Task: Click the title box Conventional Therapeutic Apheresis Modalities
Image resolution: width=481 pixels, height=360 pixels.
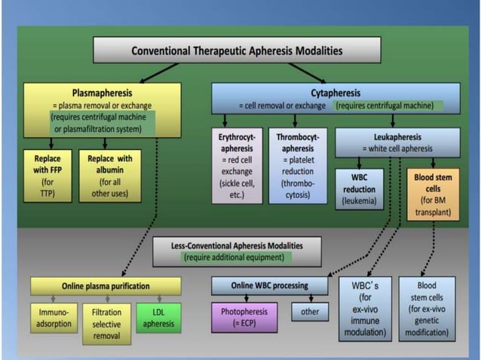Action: (x=236, y=51)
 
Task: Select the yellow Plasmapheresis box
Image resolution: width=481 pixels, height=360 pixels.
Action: (x=103, y=108)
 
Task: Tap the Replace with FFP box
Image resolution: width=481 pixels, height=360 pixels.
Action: (x=52, y=175)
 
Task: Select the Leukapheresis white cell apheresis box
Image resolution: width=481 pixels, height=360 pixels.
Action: (x=397, y=142)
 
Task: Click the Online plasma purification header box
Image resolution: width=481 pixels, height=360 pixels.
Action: (x=106, y=285)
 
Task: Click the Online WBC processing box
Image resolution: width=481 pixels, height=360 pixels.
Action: (x=269, y=285)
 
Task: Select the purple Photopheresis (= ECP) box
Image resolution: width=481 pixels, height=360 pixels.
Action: (x=244, y=316)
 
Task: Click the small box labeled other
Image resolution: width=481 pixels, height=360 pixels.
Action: (x=309, y=311)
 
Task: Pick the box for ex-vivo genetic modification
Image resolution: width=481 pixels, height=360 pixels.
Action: (x=426, y=309)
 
